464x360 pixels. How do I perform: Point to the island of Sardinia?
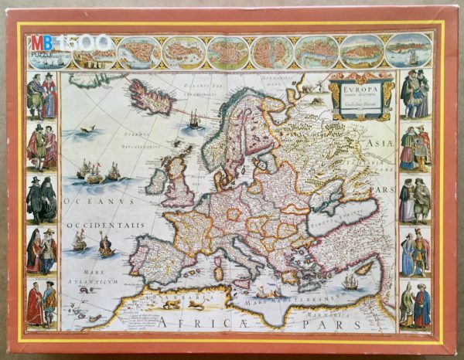point(219,270)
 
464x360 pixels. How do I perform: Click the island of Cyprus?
point(363,268)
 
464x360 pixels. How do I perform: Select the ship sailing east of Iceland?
point(194,119)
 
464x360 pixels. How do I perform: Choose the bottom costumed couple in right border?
point(415,304)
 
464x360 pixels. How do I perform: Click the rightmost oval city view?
point(405,51)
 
